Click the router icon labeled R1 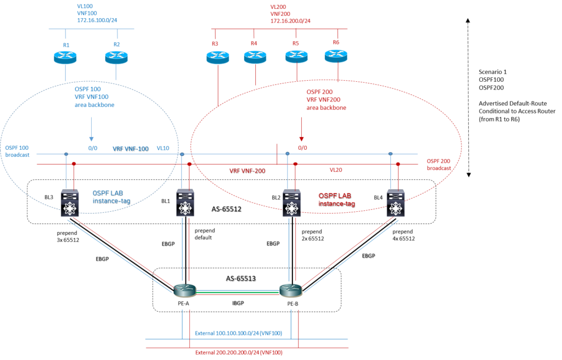tap(65, 57)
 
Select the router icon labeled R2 tap(116, 57)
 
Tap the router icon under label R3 tap(218, 57)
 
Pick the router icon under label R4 tap(255, 57)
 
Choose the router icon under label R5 tap(297, 56)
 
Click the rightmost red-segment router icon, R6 tap(336, 55)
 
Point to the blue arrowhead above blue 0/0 tap(91, 139)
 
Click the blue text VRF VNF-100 tap(130, 148)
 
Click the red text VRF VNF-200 tap(247, 171)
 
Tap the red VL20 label tap(336, 170)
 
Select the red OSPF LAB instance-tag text tap(336, 199)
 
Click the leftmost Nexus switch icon tap(70, 203)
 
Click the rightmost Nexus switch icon tap(395, 203)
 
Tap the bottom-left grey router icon tap(185, 290)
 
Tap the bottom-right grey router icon tap(291, 290)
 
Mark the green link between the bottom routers tap(238, 292)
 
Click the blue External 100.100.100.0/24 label tap(238, 333)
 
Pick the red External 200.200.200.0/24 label tap(239, 352)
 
